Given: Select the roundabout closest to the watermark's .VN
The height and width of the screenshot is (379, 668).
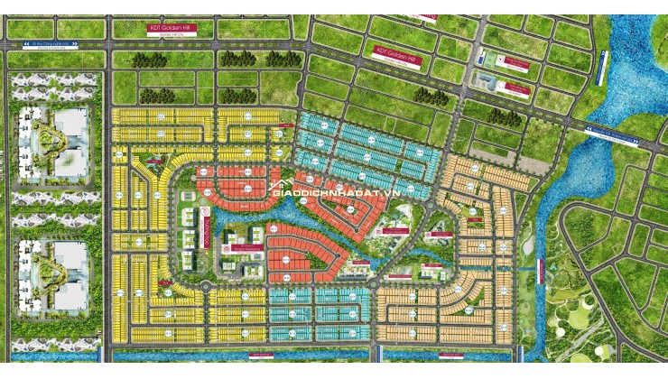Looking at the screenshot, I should point(429,207).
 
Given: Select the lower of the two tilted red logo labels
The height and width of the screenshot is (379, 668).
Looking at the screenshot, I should point(517,88).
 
